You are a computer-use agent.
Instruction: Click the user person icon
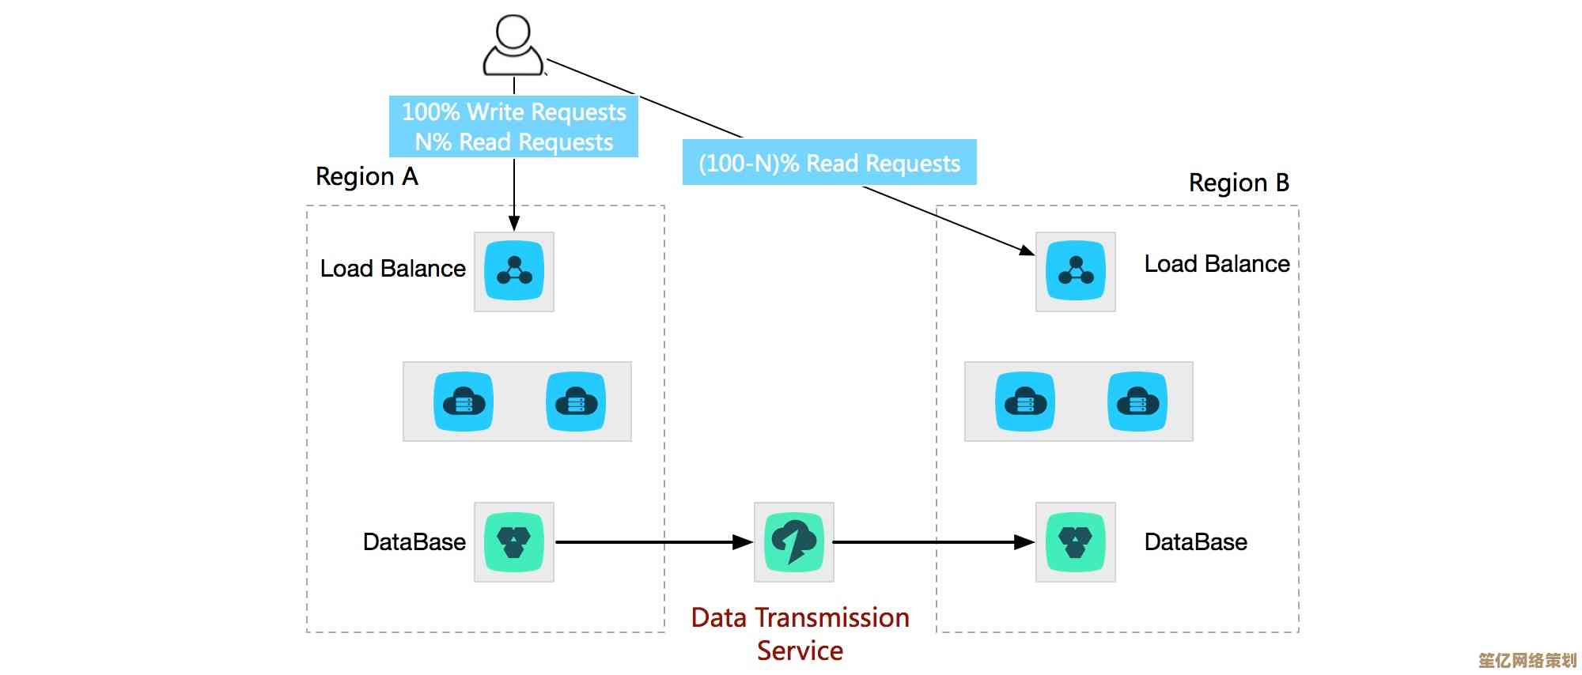(x=513, y=46)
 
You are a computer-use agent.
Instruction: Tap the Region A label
(x=366, y=176)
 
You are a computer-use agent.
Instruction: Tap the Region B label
(x=1239, y=183)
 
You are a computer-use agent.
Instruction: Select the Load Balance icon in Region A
(x=514, y=271)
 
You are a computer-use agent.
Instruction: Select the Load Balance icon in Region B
(x=1075, y=271)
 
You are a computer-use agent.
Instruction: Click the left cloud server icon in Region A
(x=464, y=402)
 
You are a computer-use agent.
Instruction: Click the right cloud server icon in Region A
(x=576, y=402)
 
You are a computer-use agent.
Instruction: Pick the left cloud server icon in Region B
(x=1025, y=402)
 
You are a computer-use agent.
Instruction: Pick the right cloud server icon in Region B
(x=1137, y=402)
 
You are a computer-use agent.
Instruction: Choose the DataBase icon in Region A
(x=514, y=542)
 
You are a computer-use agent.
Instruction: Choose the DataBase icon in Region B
(x=1075, y=542)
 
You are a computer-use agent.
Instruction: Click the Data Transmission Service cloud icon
(x=794, y=542)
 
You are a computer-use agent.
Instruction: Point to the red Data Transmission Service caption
(x=800, y=634)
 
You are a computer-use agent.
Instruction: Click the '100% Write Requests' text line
(x=514, y=112)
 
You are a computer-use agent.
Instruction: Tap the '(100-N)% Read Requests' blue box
(x=829, y=163)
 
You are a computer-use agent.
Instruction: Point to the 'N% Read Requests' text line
(x=514, y=142)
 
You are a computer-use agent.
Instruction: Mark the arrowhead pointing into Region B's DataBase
(x=1025, y=542)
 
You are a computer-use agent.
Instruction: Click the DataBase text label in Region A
(x=414, y=542)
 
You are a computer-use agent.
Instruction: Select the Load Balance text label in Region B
(x=1217, y=264)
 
